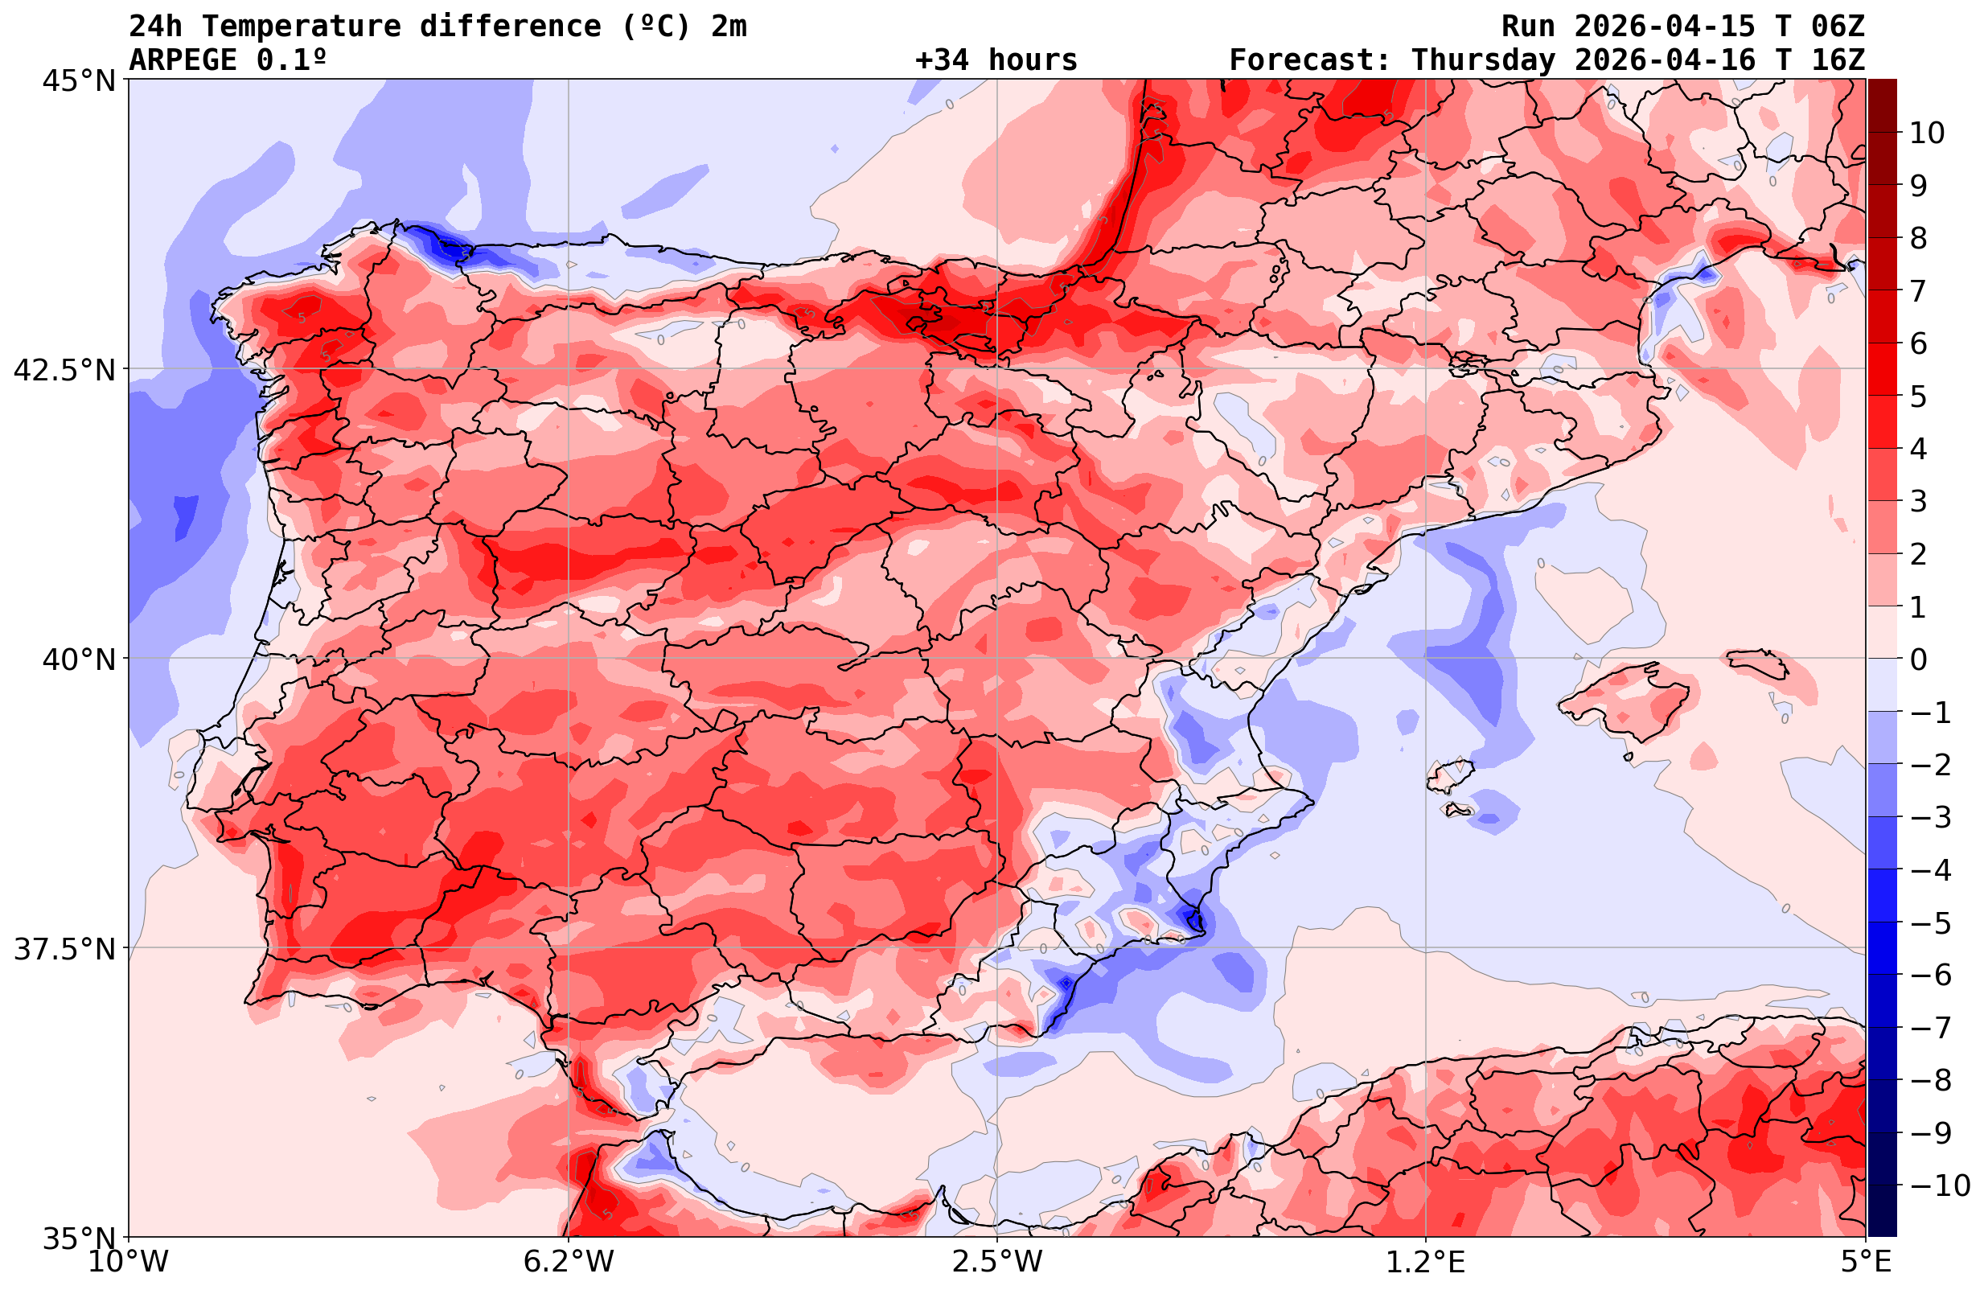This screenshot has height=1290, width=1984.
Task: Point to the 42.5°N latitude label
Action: (x=64, y=369)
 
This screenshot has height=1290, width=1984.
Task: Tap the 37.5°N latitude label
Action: (x=64, y=949)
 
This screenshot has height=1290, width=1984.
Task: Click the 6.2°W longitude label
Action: (x=569, y=1262)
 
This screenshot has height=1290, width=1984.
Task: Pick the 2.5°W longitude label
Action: (x=997, y=1262)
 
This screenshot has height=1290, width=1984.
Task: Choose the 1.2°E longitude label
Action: (x=1426, y=1262)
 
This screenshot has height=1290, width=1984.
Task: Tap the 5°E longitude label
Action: (x=1866, y=1262)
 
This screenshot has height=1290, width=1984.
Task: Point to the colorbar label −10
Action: (x=1939, y=1185)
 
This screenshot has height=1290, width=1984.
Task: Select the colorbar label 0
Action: (x=1918, y=659)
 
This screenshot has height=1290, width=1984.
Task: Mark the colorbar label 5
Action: (x=1918, y=396)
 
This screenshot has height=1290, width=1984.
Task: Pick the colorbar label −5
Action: (x=1931, y=923)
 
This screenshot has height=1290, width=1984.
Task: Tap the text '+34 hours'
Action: (x=996, y=60)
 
